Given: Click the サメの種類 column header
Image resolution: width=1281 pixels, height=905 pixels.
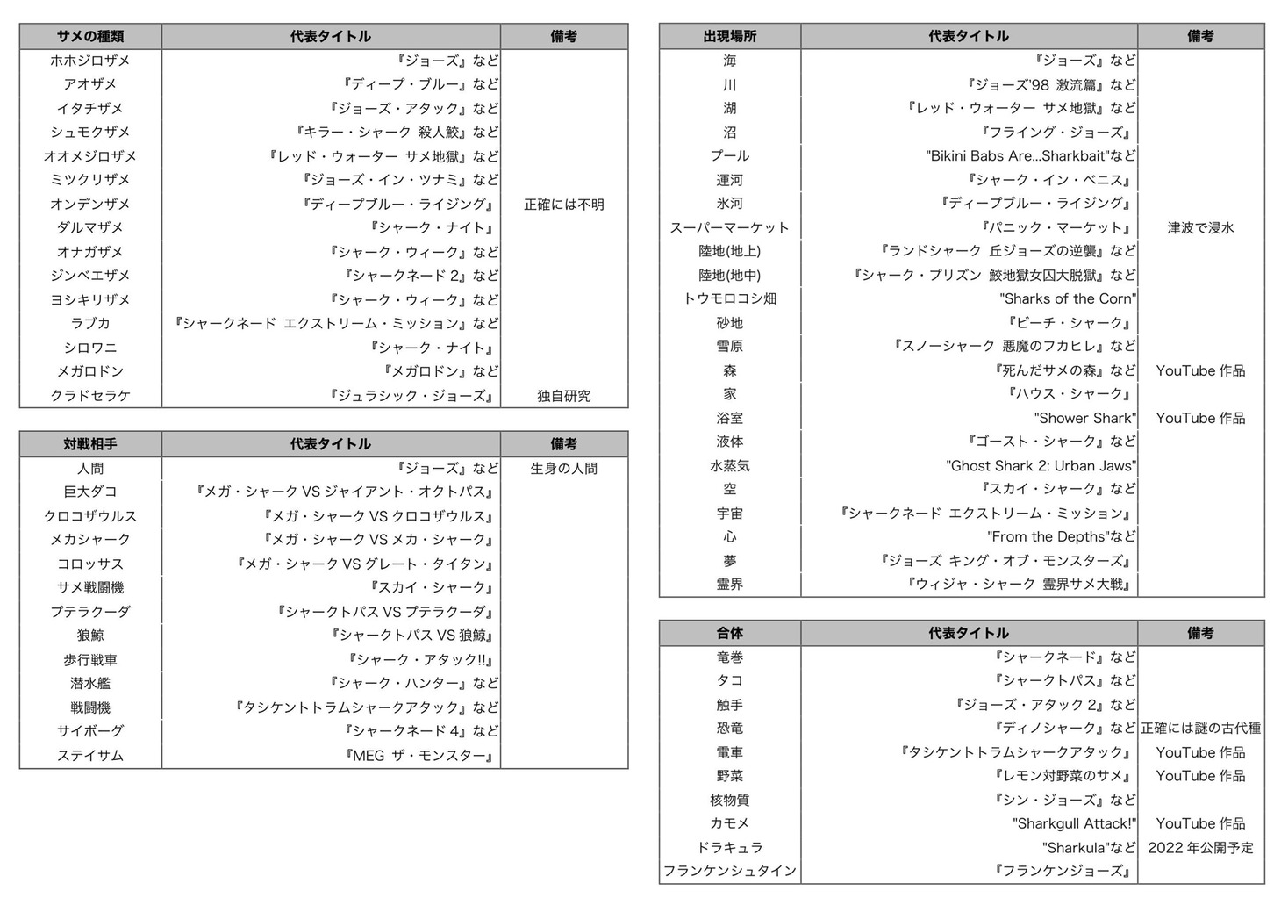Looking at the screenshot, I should point(90,36).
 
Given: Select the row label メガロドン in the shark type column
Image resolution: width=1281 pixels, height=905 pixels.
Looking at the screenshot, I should point(90,371).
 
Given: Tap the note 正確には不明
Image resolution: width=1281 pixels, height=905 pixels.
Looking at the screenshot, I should point(563,205).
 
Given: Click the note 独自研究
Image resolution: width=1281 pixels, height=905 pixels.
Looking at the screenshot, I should point(563,396).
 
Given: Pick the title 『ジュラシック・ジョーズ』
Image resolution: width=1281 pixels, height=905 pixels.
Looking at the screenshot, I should point(412,396).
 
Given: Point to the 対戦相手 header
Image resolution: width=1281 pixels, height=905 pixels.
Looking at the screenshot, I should point(90,444).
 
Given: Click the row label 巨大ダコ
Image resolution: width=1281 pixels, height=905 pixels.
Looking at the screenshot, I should point(90,492).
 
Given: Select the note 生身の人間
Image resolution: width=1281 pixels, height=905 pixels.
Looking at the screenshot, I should point(563,469).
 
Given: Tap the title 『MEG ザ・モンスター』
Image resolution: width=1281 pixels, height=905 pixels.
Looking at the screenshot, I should point(420,756).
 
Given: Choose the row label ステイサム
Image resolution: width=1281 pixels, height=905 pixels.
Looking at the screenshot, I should point(90,756).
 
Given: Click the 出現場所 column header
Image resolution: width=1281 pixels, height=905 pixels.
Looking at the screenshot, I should point(729,36).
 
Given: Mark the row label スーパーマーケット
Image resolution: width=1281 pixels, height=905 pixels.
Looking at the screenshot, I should point(729,227).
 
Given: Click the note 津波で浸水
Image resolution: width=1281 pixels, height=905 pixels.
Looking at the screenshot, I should point(1200,227).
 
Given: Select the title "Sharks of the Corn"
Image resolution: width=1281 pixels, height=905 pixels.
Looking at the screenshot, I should point(1068,298).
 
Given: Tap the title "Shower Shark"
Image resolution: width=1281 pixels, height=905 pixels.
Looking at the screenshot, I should point(1084,418).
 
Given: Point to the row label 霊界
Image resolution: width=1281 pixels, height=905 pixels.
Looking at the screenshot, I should point(729,584).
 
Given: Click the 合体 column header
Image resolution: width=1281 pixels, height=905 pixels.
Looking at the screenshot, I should point(729,633).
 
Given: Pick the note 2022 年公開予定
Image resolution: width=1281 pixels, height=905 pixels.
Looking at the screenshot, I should point(1200,848).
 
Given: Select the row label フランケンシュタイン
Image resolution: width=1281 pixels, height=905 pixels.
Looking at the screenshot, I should point(729,871).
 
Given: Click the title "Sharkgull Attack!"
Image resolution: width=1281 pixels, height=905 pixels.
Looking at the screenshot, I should point(1074,823).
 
